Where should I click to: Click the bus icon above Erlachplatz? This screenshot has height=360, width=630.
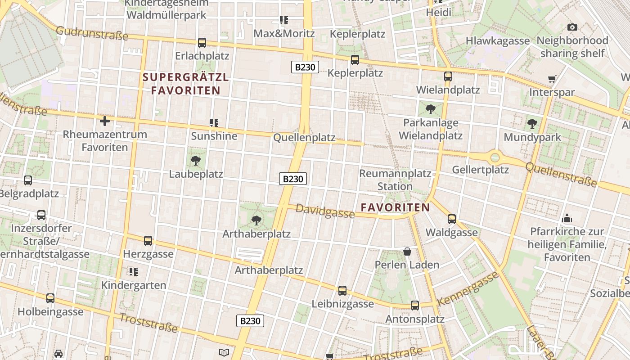(x=202, y=43)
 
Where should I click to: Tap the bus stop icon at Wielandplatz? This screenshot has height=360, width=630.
(x=448, y=76)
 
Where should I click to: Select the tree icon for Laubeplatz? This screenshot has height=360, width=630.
(x=196, y=161)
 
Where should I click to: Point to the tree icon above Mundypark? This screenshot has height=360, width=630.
(x=532, y=124)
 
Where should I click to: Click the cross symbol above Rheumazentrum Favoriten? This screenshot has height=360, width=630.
(x=105, y=121)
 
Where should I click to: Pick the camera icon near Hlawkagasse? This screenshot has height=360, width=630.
(x=572, y=27)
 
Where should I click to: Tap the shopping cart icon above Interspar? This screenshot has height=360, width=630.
(x=552, y=79)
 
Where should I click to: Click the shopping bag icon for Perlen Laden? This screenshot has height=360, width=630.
(x=407, y=251)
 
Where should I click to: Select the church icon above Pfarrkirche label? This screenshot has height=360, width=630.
(x=567, y=219)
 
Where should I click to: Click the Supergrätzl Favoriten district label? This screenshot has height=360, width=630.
(x=186, y=84)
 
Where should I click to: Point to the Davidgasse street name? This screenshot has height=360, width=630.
(x=325, y=211)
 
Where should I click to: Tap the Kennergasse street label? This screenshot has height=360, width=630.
(x=468, y=288)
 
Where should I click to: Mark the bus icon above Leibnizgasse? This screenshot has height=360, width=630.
(x=342, y=291)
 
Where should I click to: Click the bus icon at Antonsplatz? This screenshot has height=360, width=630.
(x=415, y=306)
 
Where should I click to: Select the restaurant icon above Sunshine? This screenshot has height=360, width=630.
(x=214, y=122)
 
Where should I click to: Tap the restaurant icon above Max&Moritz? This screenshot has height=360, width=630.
(x=284, y=20)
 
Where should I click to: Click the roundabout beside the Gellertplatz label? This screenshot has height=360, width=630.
(x=495, y=157)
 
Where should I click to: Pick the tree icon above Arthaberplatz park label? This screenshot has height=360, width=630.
(x=256, y=220)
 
